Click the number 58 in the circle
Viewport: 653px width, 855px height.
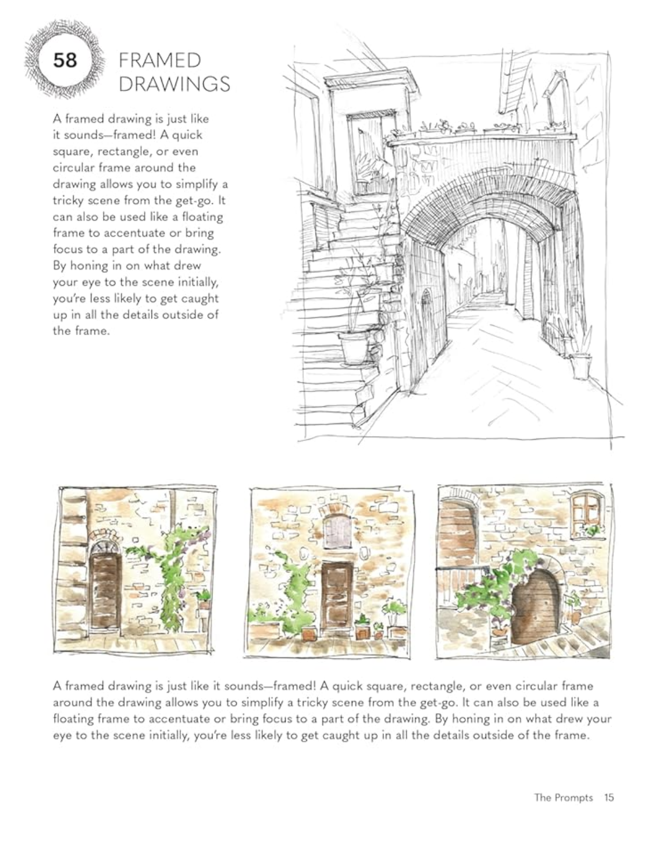pyautogui.click(x=64, y=60)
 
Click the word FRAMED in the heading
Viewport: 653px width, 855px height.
pyautogui.click(x=160, y=61)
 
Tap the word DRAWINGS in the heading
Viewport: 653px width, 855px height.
pyautogui.click(x=174, y=84)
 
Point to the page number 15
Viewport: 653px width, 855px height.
pyautogui.click(x=609, y=797)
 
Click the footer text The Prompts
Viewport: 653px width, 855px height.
pyautogui.click(x=563, y=797)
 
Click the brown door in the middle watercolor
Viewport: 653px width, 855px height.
pyautogui.click(x=336, y=595)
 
